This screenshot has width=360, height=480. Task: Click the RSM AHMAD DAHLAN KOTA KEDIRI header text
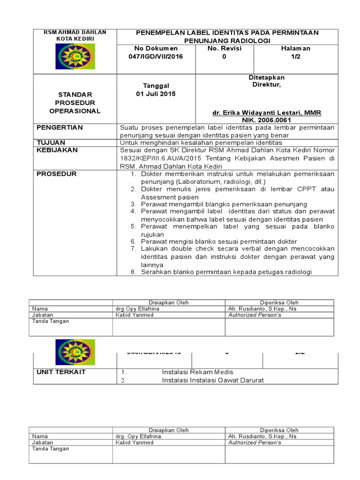point(75,35)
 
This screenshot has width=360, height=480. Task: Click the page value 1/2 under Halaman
point(295,56)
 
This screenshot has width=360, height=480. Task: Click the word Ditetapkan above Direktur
point(266,77)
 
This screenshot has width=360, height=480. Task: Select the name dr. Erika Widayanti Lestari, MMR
point(267,113)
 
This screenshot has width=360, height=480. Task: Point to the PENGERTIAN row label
point(60,127)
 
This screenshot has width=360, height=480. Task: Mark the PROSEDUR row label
point(56,174)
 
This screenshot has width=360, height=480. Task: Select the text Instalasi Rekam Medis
point(197,372)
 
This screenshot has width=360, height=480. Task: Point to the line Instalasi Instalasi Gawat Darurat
point(213,380)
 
